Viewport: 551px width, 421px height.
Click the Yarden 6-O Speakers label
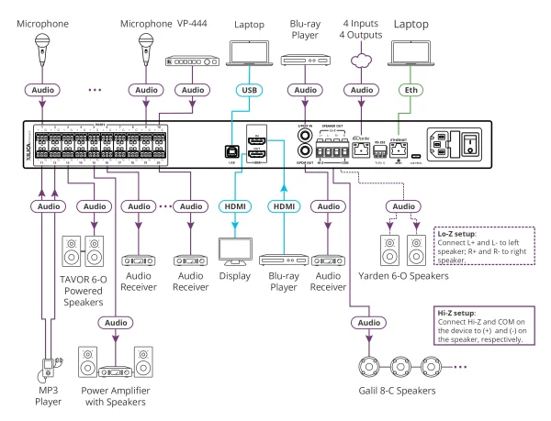(405, 273)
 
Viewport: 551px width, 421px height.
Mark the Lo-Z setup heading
(455, 234)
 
